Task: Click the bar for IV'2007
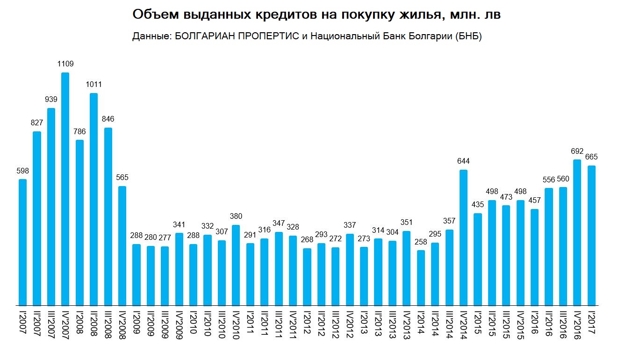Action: point(65,189)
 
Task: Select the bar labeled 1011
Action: point(93,199)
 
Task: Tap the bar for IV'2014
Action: point(464,238)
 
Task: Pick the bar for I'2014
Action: point(421,278)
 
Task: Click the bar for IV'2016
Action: point(578,232)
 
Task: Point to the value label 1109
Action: point(65,64)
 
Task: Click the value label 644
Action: point(464,161)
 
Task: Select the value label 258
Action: point(421,242)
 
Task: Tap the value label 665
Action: point(591,157)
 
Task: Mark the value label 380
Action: point(236,216)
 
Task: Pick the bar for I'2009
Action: point(137,275)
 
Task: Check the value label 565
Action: point(122,178)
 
